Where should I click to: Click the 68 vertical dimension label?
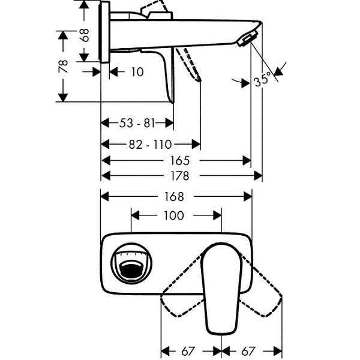click(x=85, y=35)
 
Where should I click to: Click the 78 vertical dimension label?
click(x=63, y=67)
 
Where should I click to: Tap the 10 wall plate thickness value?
click(x=137, y=72)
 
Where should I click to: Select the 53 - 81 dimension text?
click(x=137, y=123)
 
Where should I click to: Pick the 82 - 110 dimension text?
click(x=151, y=145)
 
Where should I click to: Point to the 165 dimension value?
click(x=180, y=160)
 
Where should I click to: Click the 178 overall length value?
click(x=180, y=176)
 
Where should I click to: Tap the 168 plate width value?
click(x=174, y=197)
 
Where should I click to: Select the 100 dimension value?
click(x=174, y=215)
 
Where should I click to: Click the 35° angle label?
click(x=262, y=80)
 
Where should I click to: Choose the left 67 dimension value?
click(x=188, y=351)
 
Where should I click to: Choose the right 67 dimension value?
click(x=248, y=351)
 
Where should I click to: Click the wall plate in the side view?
click(x=104, y=32)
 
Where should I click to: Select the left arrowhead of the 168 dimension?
click(x=105, y=197)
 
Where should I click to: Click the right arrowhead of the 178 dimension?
click(x=258, y=176)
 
